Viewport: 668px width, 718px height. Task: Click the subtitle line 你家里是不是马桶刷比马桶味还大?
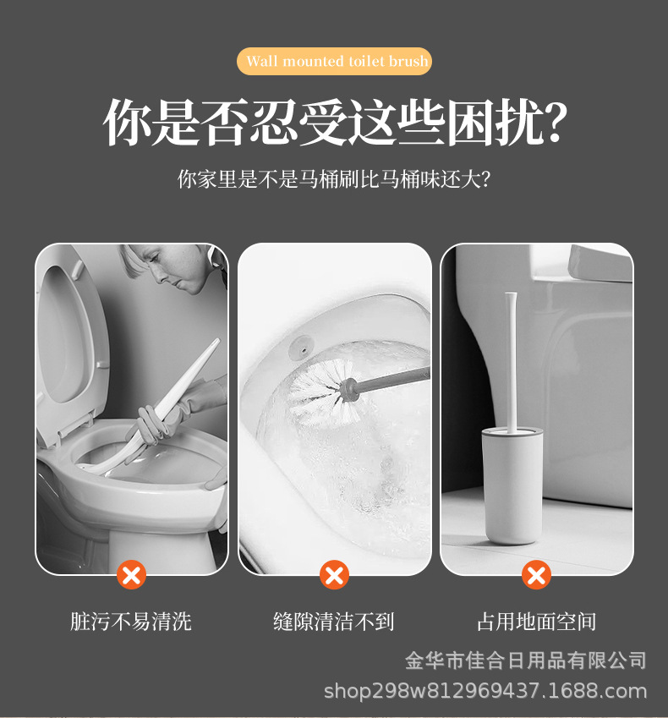334,179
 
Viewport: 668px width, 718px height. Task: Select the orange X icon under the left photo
131,576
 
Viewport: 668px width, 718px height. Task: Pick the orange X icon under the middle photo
335,576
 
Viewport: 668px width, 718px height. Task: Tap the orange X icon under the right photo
537,576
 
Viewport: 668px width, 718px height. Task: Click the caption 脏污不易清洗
131,622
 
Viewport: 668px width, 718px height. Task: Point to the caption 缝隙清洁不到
334,622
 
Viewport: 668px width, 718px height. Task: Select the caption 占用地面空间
537,622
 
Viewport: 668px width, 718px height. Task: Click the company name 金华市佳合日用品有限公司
526,660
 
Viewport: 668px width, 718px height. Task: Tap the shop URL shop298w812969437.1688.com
485,691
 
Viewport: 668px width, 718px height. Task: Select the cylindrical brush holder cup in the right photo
512,486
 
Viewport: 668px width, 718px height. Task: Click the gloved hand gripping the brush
156,420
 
